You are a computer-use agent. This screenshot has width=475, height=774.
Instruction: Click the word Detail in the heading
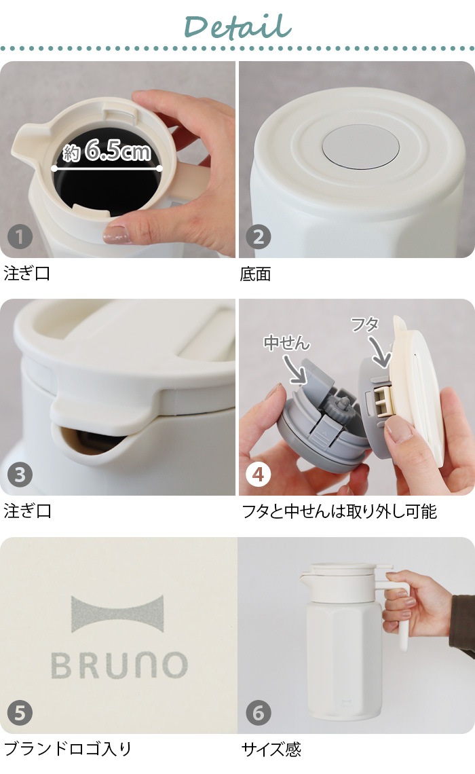(237, 26)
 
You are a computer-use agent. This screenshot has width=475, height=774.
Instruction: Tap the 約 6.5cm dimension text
(107, 151)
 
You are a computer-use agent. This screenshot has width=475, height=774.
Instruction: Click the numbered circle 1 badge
(20, 238)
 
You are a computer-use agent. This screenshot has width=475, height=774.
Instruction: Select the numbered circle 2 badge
(259, 238)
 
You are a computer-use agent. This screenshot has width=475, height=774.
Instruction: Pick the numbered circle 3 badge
(20, 475)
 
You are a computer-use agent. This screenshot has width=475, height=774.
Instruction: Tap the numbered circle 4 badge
(259, 475)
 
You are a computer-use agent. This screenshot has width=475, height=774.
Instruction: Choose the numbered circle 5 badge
(20, 713)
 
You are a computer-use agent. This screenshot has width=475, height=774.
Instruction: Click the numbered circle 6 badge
(259, 713)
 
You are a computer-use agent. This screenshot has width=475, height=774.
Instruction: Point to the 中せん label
(286, 342)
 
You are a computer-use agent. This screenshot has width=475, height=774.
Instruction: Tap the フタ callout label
(365, 324)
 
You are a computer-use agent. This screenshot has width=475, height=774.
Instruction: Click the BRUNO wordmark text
(119, 665)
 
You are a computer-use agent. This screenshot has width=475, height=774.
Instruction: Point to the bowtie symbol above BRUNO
(117, 614)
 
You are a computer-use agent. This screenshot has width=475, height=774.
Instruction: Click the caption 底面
(256, 274)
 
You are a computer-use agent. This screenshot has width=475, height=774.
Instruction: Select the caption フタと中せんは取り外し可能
(339, 511)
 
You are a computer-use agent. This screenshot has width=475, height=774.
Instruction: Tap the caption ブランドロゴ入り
(68, 749)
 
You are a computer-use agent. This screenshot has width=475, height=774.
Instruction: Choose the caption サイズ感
(271, 750)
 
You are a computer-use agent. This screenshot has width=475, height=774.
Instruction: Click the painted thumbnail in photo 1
(115, 234)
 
